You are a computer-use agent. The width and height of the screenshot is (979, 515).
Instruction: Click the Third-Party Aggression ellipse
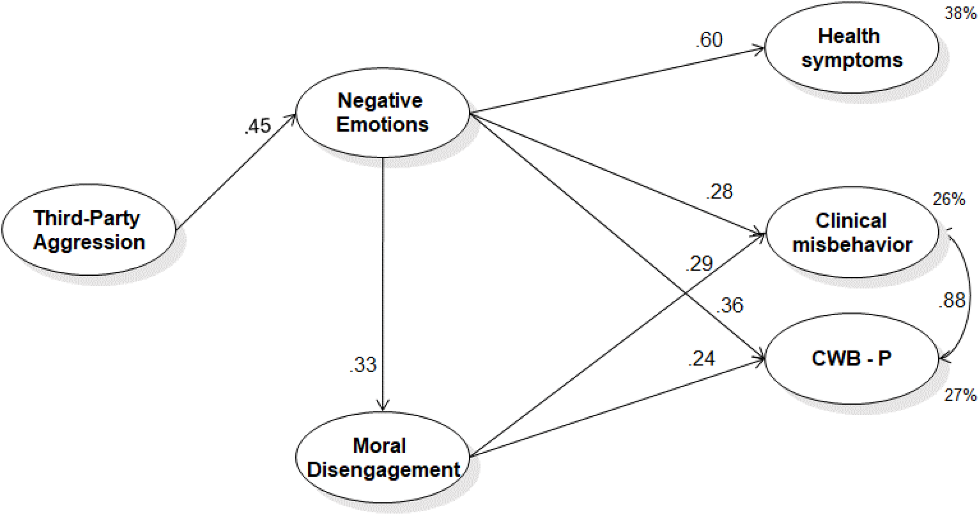click(89, 230)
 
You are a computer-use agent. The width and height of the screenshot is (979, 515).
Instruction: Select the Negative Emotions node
click(382, 112)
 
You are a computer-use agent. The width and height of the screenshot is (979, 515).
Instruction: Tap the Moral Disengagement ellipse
click(382, 457)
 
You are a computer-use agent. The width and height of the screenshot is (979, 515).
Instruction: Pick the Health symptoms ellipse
click(851, 48)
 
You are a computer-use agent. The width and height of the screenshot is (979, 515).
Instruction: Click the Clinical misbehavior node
click(851, 233)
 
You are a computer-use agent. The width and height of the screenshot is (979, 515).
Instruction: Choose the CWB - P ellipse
click(851, 358)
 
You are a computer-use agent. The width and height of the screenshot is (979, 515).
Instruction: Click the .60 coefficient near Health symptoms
click(709, 40)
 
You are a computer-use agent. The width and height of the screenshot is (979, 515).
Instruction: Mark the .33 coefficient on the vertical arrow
click(363, 365)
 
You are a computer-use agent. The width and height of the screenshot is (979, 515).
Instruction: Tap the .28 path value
click(719, 192)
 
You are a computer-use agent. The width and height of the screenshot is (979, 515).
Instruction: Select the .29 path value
click(699, 264)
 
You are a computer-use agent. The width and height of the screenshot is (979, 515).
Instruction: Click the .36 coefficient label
click(730, 305)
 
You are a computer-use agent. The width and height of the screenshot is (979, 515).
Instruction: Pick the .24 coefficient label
click(701, 359)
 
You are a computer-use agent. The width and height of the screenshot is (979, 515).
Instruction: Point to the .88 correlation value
click(952, 300)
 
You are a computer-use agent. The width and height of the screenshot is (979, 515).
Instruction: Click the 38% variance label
click(960, 14)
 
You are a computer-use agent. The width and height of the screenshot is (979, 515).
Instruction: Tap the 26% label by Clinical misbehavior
click(949, 200)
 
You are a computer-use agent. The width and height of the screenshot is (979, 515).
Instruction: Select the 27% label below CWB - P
click(960, 395)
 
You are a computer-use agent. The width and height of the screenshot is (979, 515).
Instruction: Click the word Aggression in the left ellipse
click(89, 242)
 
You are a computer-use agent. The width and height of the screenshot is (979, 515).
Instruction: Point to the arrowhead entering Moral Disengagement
click(383, 406)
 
